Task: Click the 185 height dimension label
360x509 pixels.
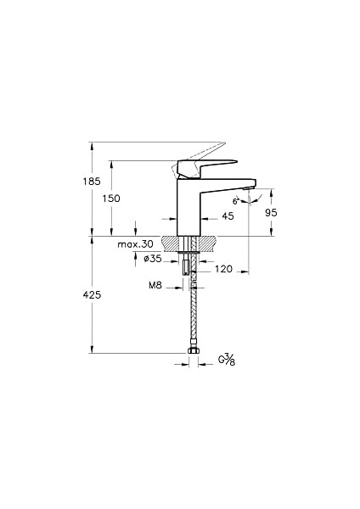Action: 92,182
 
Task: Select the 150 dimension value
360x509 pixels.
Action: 111,199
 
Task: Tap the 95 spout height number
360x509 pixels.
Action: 271,213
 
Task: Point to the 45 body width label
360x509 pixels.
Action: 228,216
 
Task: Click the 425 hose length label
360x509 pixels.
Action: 92,294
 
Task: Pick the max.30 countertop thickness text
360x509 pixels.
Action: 135,244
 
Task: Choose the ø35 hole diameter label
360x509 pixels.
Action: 152,259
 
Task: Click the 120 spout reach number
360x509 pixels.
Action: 224,269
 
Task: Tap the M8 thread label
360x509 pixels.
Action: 155,285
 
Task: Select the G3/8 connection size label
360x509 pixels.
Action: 227,360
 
